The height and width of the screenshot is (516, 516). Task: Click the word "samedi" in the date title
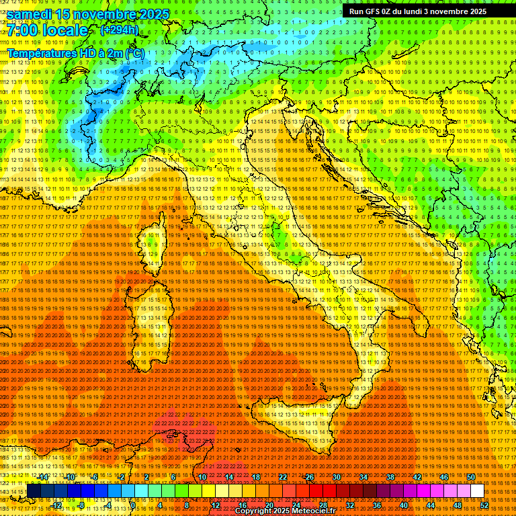point(30,13)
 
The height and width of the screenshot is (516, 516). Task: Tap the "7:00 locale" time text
point(48,30)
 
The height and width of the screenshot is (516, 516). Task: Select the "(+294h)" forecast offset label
point(119,30)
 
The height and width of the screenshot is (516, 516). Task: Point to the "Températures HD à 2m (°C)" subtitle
point(75,53)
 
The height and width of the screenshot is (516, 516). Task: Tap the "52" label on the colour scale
point(485,505)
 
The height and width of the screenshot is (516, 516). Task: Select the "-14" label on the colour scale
point(43,477)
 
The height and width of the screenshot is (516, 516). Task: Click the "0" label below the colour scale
point(134,505)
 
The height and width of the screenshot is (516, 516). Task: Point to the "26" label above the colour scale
point(309,477)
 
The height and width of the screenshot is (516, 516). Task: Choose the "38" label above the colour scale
point(390,477)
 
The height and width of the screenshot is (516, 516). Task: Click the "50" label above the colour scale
point(470,477)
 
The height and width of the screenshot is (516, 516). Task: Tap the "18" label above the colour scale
point(255,477)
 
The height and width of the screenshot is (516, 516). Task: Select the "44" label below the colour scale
point(430,505)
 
